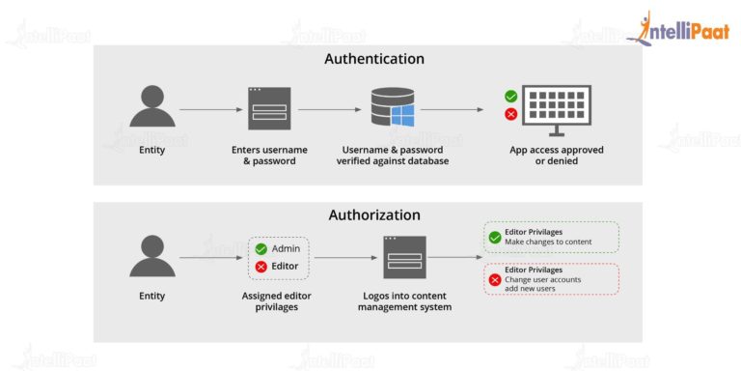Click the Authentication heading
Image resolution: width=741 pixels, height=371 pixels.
tap(373, 59)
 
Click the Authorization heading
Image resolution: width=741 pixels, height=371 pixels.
tap(373, 214)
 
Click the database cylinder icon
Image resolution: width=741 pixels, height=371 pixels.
tap(392, 109)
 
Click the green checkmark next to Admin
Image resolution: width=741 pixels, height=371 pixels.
tap(261, 248)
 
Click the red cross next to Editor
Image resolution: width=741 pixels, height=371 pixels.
tap(261, 266)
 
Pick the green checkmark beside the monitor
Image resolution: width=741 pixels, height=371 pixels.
tap(511, 97)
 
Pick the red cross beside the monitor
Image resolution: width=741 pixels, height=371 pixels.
tap(511, 114)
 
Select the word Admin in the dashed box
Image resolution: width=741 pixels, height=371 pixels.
tap(287, 248)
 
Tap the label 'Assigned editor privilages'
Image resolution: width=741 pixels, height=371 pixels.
tap(277, 301)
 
